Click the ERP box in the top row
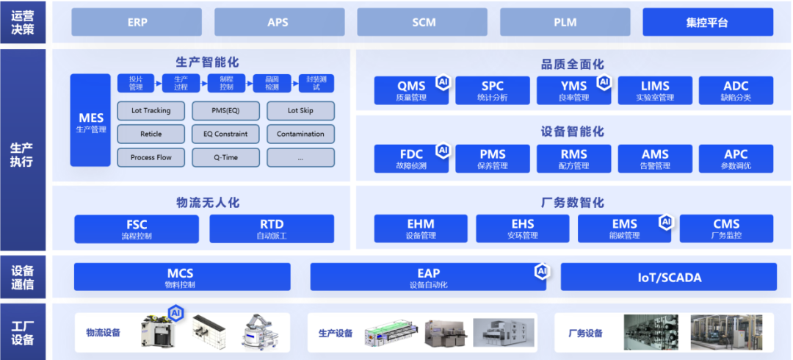pyautogui.click(x=137, y=22)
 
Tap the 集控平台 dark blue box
pyautogui.click(x=707, y=22)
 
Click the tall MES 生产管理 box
pyautogui.click(x=91, y=120)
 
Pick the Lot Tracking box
pyautogui.click(x=151, y=111)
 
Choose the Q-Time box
pyautogui.click(x=225, y=157)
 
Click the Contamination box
pyautogui.click(x=300, y=134)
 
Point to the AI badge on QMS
pyautogui.click(x=442, y=82)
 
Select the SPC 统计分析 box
pyautogui.click(x=492, y=90)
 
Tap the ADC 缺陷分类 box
pyautogui.click(x=736, y=90)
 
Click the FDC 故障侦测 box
pyautogui.click(x=411, y=158)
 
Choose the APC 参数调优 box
pyautogui.click(x=736, y=158)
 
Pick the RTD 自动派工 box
pyautogui.click(x=272, y=228)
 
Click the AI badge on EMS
pyautogui.click(x=666, y=221)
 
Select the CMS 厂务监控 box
pyautogui.click(x=726, y=228)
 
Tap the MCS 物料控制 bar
pyautogui.click(x=181, y=277)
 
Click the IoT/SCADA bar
pyautogui.click(x=668, y=277)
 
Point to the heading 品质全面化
pyautogui.click(x=573, y=64)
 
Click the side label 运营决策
pyautogui.click(x=22, y=22)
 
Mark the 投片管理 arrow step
pyautogui.click(x=136, y=82)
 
